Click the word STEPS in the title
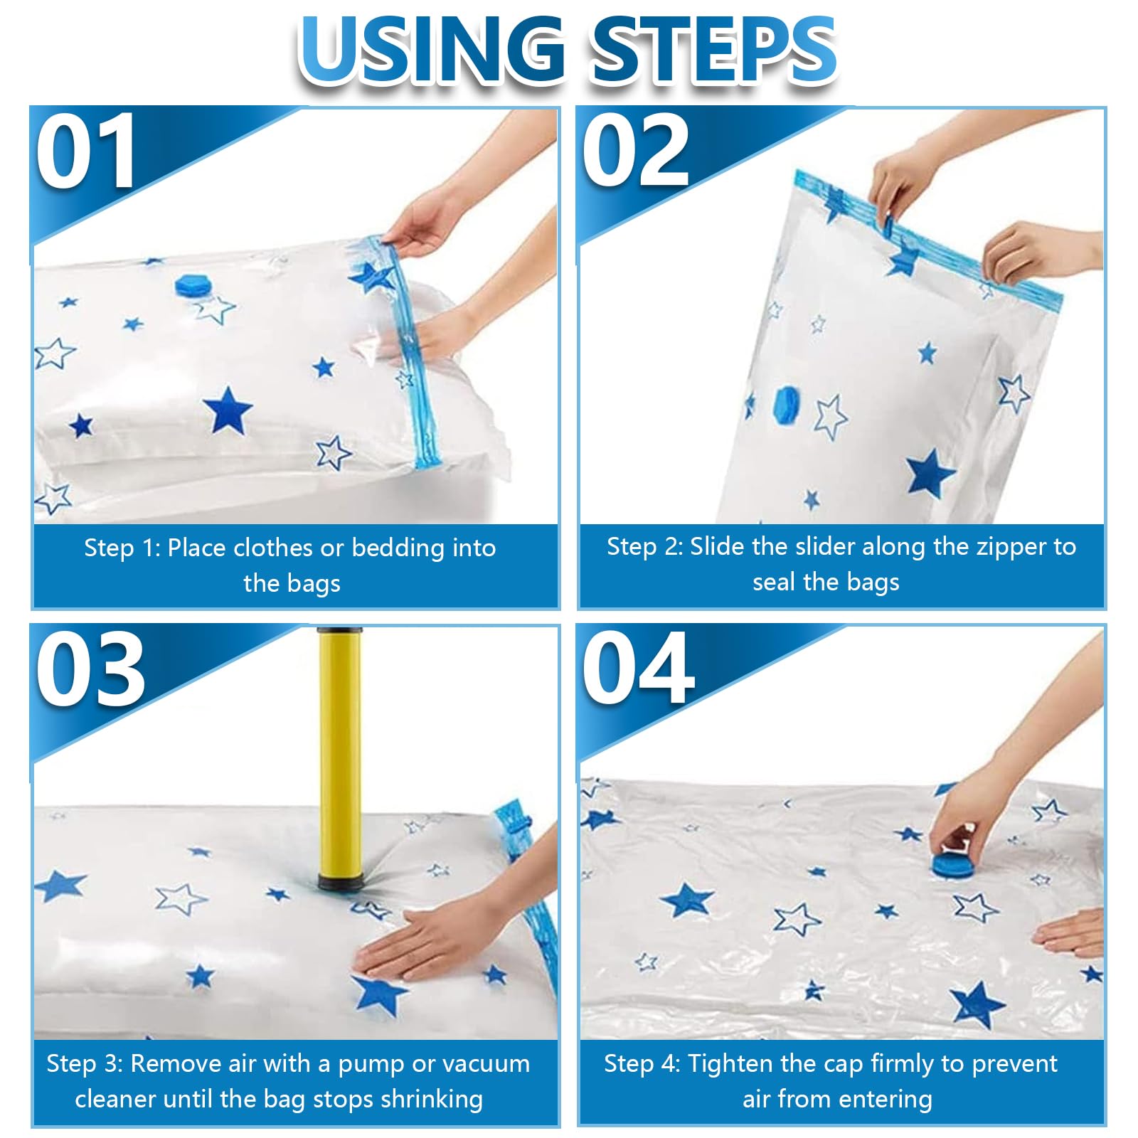coord(714,50)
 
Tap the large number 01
coord(86,151)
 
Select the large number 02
coord(636,151)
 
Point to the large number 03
coord(91,668)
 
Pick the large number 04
coord(638,668)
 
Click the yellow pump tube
coord(339,754)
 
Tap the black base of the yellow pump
coord(340,884)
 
